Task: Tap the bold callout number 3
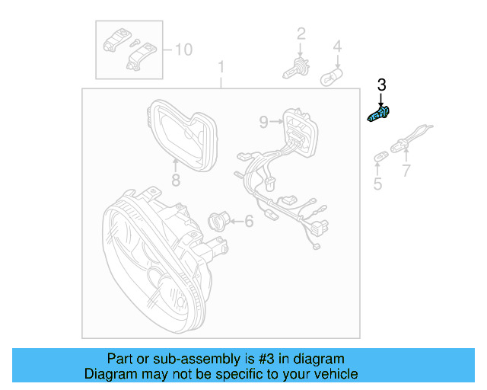click(382, 85)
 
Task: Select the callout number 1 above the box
click(221, 67)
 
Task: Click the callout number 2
click(301, 33)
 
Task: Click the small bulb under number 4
click(333, 77)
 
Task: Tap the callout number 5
click(377, 184)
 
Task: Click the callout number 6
click(248, 222)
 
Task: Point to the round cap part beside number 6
click(218, 222)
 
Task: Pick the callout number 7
click(406, 169)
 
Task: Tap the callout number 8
click(175, 181)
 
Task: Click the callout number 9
click(263, 121)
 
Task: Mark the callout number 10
click(183, 50)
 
